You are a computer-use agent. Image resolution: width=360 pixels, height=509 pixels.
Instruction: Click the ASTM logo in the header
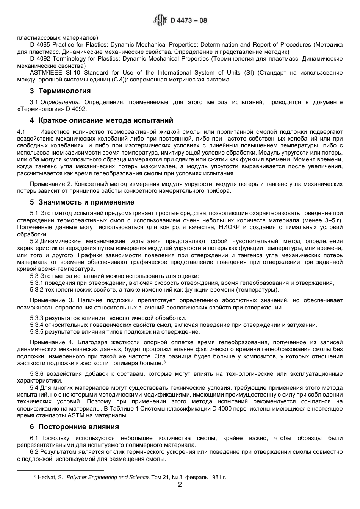click(160, 20)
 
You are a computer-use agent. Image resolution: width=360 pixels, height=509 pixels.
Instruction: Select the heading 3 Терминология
click(60, 91)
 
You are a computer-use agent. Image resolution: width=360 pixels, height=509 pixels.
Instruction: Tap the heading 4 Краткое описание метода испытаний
click(101, 120)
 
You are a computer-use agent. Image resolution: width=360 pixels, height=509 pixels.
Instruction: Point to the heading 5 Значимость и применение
click(82, 202)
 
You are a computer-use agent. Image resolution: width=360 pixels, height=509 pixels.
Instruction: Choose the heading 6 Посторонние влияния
click(74, 427)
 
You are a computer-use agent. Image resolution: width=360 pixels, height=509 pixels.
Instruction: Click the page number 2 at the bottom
click(180, 485)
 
